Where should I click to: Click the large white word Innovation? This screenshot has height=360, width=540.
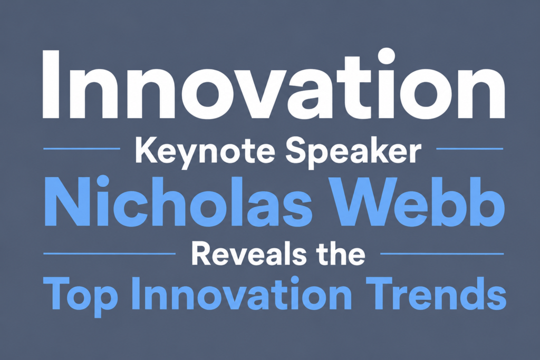[x=274, y=84]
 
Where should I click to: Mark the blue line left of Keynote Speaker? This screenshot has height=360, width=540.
[x=82, y=149]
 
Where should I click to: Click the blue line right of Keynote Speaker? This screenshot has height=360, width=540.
[x=470, y=149]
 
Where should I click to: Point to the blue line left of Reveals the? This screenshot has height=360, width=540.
[x=110, y=254]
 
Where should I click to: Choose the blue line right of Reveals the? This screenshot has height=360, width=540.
[x=442, y=254]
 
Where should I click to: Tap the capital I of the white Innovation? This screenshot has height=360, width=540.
[x=51, y=84]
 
